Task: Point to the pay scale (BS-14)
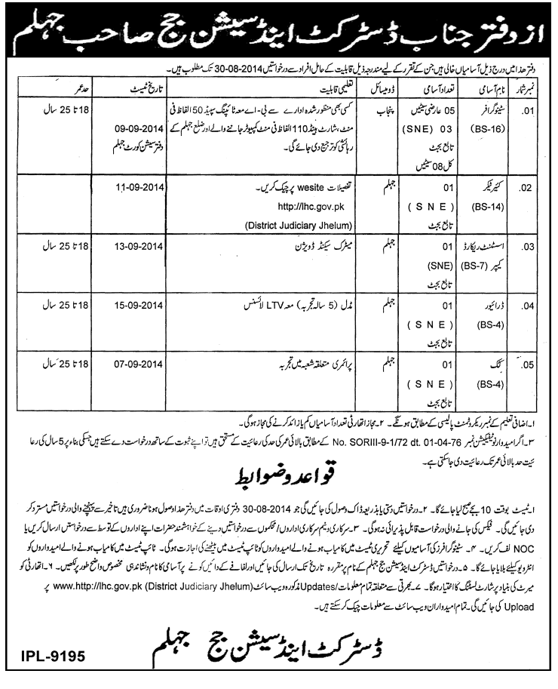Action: coord(482,196)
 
